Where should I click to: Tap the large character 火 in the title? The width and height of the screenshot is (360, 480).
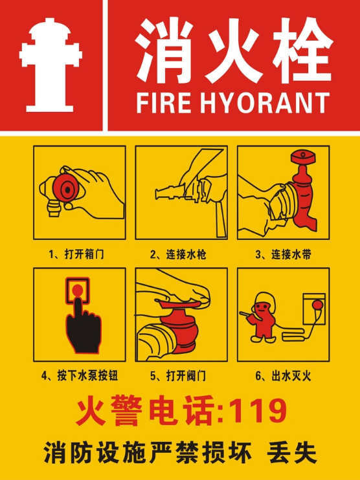coord(231,50)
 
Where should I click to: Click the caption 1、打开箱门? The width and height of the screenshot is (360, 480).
coord(76,254)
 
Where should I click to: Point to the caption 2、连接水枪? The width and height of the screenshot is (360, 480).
coord(178,254)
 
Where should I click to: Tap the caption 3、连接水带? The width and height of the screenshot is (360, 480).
coord(284,254)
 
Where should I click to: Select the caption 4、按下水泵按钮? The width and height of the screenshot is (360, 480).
coord(80,375)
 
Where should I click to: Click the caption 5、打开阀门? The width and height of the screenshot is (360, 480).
coord(178,375)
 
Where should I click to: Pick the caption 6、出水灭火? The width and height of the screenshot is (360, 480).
coord(284,375)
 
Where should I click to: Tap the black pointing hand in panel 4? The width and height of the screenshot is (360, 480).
coord(83,326)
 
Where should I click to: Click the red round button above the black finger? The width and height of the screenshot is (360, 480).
coord(78,290)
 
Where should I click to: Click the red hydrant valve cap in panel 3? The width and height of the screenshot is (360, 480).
coord(302,158)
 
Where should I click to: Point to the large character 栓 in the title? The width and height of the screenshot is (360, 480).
coord(302,50)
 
